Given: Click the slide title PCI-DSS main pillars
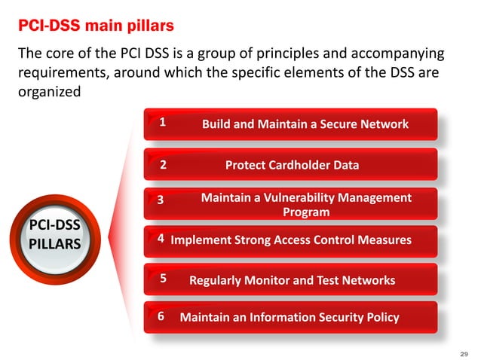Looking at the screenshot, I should coord(96,26).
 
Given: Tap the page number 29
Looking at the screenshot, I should coord(464,352).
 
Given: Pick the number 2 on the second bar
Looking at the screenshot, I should coord(163,165).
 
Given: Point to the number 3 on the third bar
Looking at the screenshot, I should coord(160,200).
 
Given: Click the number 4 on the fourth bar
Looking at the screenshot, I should coord(161,239).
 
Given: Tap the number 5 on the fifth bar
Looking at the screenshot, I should coord(163,279).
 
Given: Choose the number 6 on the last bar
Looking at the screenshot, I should coord(161,317).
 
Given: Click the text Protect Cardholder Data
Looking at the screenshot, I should coord(292,165).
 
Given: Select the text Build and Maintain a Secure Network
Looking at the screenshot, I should coord(305,124).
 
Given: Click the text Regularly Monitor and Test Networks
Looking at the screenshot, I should coord(292,280).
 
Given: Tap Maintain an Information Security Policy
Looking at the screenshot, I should coord(290,317).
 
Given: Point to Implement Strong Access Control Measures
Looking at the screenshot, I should coord(291,240).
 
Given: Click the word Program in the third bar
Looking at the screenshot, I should coord(305,212).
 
